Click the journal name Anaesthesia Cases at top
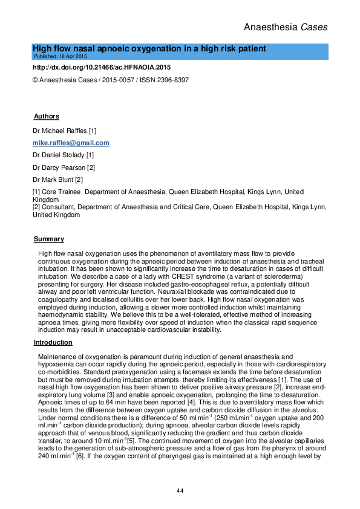[x=286, y=27]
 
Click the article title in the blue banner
[x=149, y=48]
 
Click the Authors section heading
[x=47, y=116]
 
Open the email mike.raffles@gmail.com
[x=71, y=143]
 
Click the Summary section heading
[x=48, y=239]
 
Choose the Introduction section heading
[x=52, y=343]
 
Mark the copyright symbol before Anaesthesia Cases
[x=34, y=80]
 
